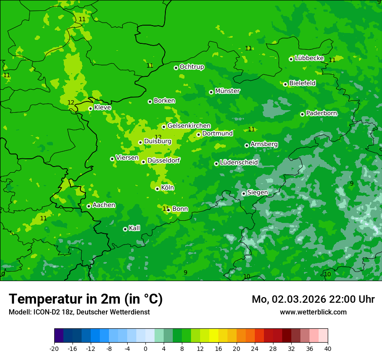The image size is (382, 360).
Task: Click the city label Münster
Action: (x=227, y=91)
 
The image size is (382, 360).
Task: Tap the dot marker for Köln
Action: (x=157, y=189)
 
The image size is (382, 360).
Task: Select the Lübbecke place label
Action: (x=309, y=58)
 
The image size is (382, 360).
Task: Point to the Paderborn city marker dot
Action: (x=302, y=114)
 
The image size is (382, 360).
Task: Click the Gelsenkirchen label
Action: (x=189, y=126)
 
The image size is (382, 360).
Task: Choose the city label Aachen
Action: (x=104, y=205)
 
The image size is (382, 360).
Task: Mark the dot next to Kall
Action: (x=125, y=229)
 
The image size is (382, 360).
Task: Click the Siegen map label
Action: (x=257, y=193)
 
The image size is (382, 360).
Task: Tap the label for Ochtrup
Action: (x=191, y=67)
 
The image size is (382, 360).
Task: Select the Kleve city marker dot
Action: (x=90, y=108)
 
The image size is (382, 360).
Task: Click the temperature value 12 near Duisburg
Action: (x=158, y=137)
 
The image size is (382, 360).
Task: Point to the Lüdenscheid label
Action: (x=239, y=163)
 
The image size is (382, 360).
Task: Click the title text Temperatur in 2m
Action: (x=86, y=299)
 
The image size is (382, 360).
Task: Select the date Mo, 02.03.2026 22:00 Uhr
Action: (x=313, y=299)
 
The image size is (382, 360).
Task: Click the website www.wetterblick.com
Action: (x=313, y=312)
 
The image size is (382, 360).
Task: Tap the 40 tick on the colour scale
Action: (x=327, y=349)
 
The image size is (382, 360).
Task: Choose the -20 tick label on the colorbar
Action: (x=54, y=349)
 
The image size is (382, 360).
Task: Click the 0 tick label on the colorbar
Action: (x=145, y=349)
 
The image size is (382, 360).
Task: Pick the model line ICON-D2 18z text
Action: (x=79, y=312)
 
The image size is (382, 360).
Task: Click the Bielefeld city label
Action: (x=302, y=83)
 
